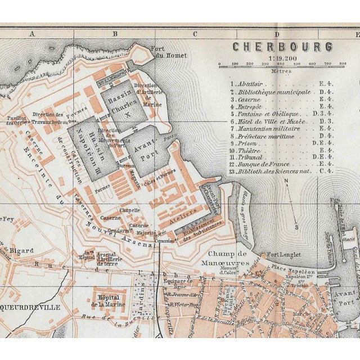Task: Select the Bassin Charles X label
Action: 121,100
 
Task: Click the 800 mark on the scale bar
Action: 343,64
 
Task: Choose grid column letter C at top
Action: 195,34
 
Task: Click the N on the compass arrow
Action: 286,181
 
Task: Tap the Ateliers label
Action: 187,212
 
